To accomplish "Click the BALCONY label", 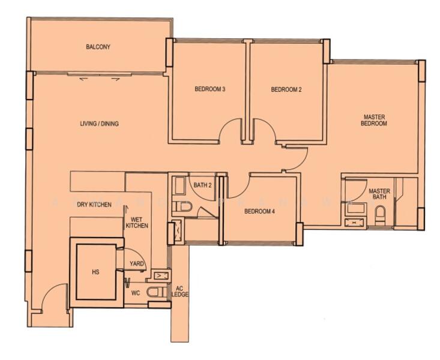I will [98, 47].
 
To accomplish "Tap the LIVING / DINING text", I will [99, 124].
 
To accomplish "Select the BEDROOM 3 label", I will [209, 90].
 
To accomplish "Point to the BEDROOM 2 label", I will [286, 90].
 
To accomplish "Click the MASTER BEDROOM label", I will [373, 120].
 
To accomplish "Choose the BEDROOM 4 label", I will [259, 211].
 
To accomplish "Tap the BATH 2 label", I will [202, 185].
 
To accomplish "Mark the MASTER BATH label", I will [379, 194].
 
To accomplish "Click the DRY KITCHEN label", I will [94, 205].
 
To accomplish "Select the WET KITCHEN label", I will [137, 222].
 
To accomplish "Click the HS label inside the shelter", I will [95, 272].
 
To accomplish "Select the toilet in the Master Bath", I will [379, 214].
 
